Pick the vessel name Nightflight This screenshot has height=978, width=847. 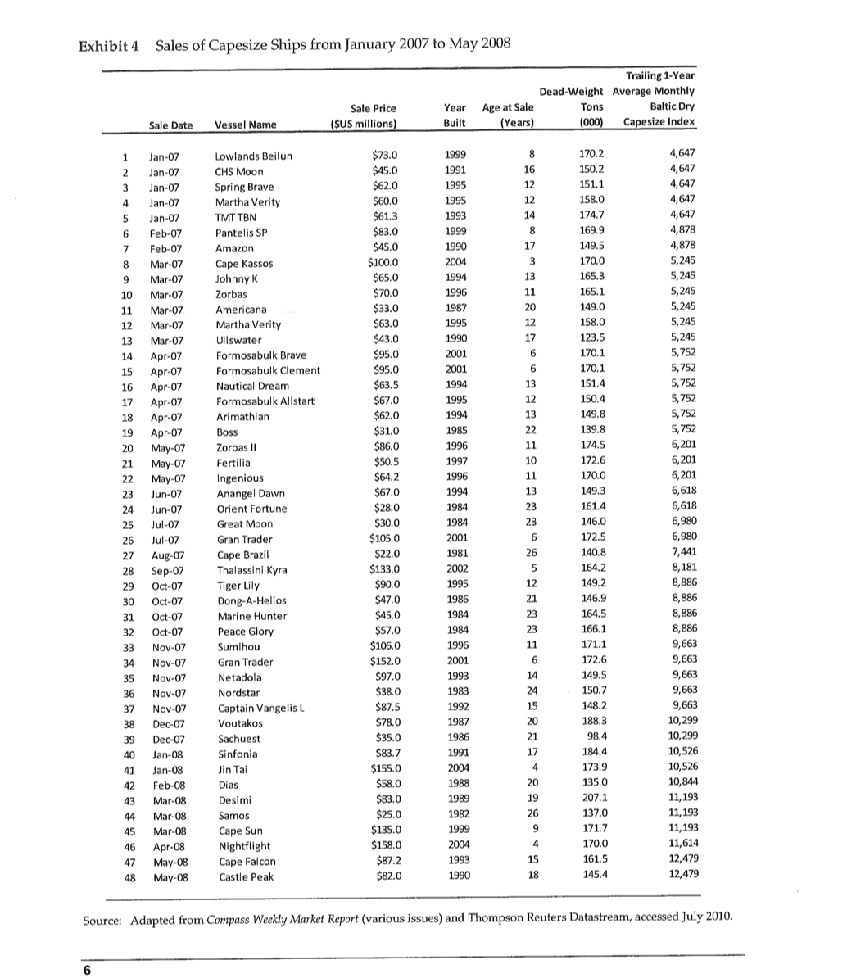tap(243, 846)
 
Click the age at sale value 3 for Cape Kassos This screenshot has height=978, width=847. tap(532, 261)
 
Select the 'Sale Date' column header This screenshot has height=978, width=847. tap(170, 124)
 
